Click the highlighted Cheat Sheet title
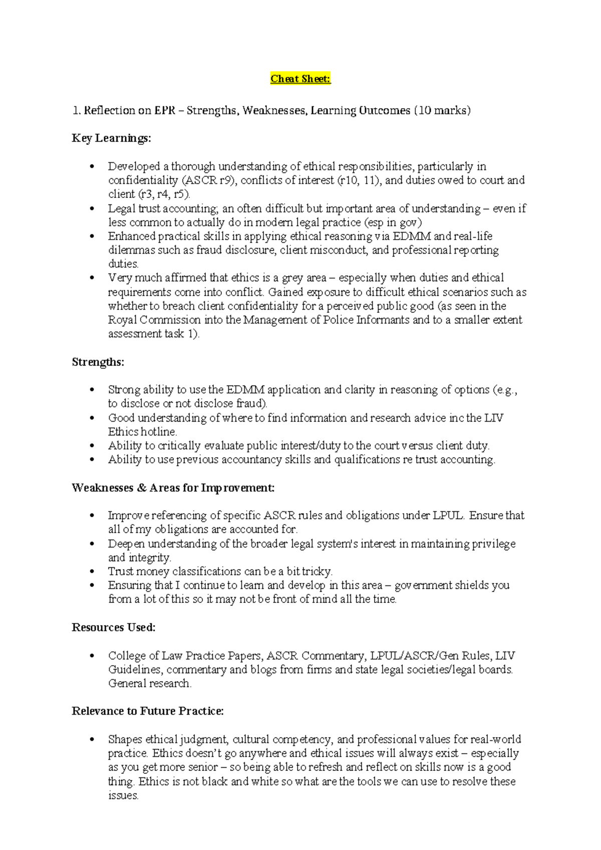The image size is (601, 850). [x=300, y=79]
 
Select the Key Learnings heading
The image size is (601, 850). [x=111, y=138]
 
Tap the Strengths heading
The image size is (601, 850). [x=98, y=362]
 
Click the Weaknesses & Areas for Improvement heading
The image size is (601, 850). [x=173, y=488]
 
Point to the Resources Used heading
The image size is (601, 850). [x=114, y=627]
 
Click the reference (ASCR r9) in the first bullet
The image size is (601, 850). [x=206, y=180]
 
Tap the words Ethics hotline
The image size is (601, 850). [x=142, y=432]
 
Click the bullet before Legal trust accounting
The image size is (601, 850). [x=91, y=209]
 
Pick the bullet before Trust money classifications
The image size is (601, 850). [x=91, y=572]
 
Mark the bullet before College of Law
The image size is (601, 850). [x=91, y=656]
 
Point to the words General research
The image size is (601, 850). [x=150, y=684]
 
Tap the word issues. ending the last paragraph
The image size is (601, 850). [x=123, y=795]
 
